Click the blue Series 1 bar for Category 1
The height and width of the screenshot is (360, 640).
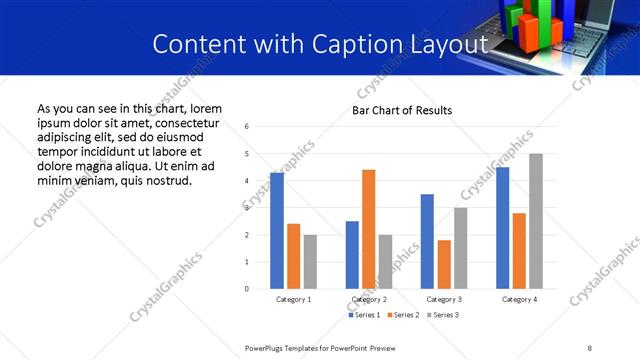(x=277, y=231)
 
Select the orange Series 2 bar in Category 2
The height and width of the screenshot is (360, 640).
(x=368, y=229)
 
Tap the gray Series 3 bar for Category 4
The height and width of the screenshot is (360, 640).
(x=536, y=221)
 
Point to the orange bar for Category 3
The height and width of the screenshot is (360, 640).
(x=444, y=264)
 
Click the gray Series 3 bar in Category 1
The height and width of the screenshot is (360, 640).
(x=310, y=262)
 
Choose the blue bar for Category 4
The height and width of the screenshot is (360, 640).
(x=502, y=228)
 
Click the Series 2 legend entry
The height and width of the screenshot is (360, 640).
(x=402, y=315)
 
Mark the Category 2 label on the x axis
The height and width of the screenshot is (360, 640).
(x=369, y=300)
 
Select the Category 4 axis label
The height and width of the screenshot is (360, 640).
(x=519, y=300)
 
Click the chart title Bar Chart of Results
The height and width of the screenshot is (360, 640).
(x=402, y=110)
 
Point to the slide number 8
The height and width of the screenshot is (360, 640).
(x=589, y=347)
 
